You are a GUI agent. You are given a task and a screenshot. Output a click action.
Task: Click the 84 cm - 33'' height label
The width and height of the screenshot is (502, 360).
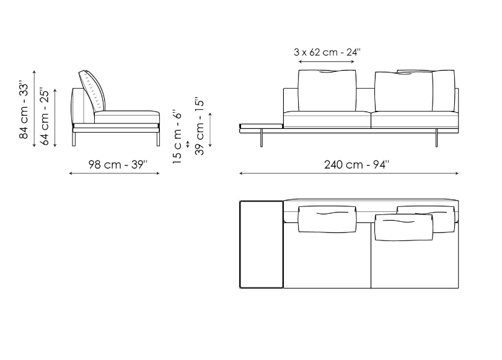coord(24,110)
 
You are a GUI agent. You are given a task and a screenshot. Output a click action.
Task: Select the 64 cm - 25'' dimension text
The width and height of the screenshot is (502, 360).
coord(45,117)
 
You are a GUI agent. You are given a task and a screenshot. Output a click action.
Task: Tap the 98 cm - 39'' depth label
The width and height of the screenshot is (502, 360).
coord(118,164)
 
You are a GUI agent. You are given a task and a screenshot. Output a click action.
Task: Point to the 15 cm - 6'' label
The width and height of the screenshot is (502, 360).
coord(177,138)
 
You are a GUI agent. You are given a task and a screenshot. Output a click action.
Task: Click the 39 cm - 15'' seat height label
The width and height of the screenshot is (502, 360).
coord(199,126)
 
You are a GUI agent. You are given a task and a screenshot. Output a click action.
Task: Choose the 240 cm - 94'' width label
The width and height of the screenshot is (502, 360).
coord(356,164)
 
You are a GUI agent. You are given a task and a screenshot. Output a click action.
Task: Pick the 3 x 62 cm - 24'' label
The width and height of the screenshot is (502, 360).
coord(327,52)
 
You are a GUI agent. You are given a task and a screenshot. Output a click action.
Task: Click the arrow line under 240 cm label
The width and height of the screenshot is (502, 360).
coord(349,173)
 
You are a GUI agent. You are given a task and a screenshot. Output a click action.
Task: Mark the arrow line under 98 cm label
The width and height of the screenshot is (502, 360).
coord(114,173)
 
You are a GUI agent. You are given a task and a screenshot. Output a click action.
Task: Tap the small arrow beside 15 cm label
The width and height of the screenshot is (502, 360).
coord(188,144)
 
